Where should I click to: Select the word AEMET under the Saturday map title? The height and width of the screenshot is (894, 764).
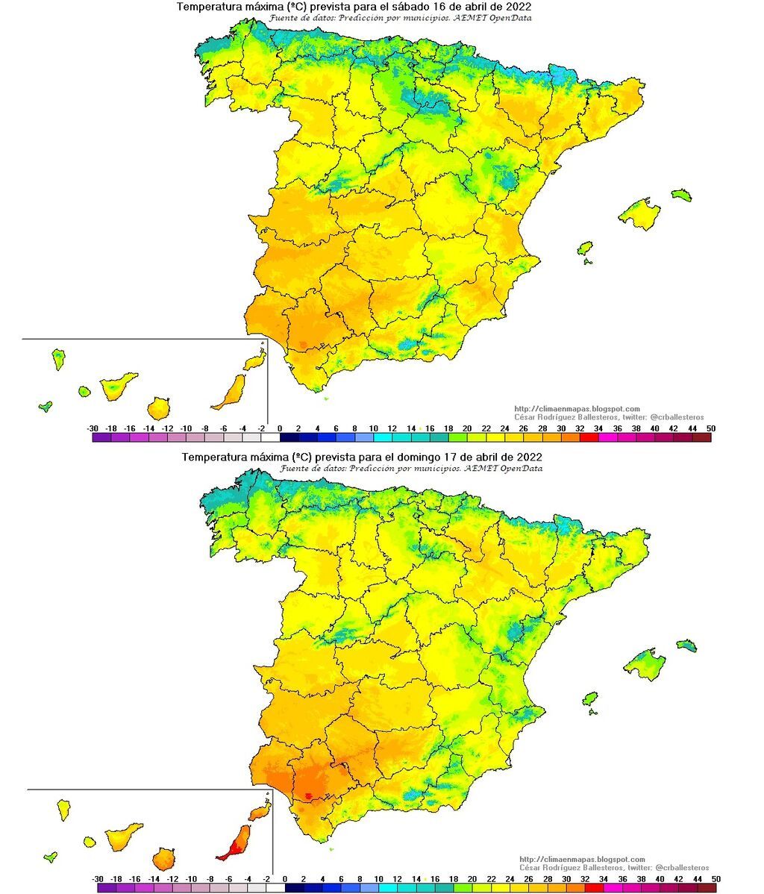click(467, 19)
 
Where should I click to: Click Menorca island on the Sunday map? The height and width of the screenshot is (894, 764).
click(686, 644)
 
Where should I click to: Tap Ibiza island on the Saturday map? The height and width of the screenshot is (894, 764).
click(585, 248)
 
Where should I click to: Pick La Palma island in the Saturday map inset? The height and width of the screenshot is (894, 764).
click(57, 359)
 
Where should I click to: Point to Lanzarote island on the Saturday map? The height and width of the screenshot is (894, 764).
click(254, 361)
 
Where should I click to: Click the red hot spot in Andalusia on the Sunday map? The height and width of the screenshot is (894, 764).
click(309, 795)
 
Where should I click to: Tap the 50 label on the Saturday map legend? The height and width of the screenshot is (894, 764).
click(710, 428)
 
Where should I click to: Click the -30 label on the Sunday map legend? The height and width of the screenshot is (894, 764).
click(98, 879)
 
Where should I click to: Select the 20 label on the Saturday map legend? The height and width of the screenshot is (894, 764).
click(467, 428)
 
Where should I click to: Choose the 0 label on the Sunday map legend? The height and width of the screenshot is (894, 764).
click(285, 879)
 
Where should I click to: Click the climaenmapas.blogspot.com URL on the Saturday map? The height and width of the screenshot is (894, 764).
click(577, 409)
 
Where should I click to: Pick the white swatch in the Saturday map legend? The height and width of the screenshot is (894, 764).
click(270, 438)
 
